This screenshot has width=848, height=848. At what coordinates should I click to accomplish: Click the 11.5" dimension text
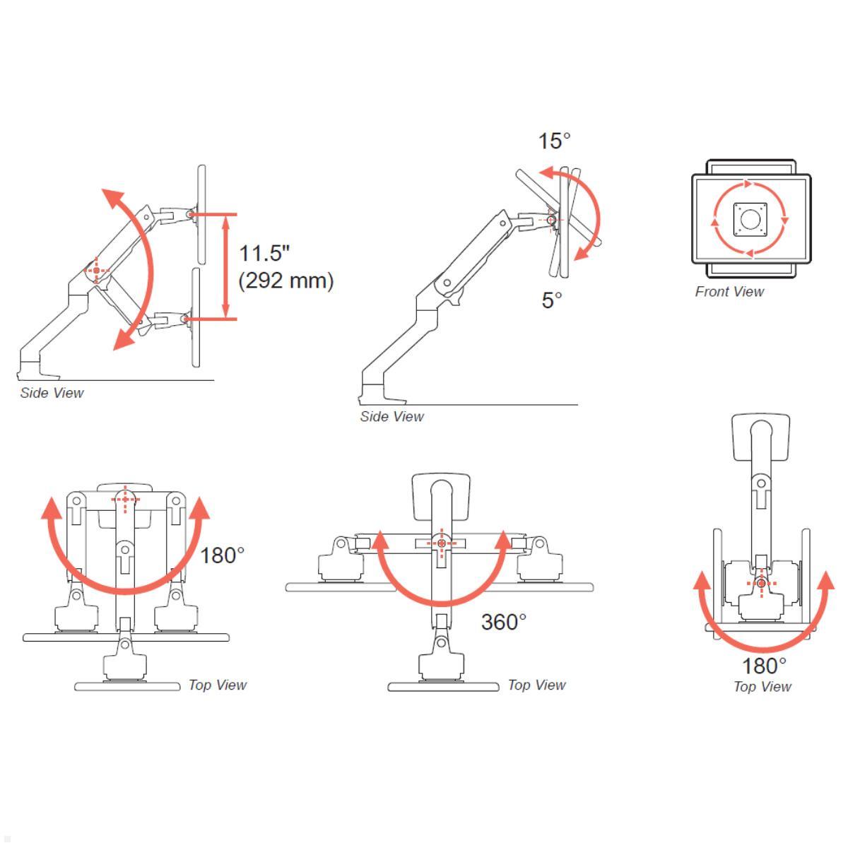(x=264, y=254)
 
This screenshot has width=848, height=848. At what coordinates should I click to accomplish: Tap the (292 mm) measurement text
(x=285, y=281)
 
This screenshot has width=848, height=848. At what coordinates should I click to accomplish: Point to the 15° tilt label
(x=554, y=141)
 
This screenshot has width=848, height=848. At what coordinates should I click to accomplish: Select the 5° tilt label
(x=552, y=300)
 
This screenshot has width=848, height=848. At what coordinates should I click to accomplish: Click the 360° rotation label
(x=504, y=622)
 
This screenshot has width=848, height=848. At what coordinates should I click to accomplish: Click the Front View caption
(x=729, y=292)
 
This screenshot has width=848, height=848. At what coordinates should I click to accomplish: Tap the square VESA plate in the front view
(x=750, y=219)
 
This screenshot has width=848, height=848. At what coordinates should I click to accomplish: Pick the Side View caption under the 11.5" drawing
(x=52, y=393)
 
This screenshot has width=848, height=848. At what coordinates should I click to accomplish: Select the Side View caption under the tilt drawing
(x=391, y=417)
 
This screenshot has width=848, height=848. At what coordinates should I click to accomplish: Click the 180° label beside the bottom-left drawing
(x=222, y=555)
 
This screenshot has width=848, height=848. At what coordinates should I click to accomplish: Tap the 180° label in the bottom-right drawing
(x=764, y=666)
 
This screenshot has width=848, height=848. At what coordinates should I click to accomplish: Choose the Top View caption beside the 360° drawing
(x=536, y=685)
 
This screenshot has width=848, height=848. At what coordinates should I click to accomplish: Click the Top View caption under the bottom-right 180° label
(x=762, y=687)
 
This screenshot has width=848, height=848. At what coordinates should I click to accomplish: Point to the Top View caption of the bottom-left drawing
(x=217, y=685)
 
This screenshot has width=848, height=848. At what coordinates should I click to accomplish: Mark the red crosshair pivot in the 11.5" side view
(x=97, y=270)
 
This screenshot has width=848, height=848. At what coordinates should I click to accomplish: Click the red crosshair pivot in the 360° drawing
(x=442, y=543)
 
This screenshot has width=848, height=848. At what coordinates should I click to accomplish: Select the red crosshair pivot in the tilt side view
(x=551, y=220)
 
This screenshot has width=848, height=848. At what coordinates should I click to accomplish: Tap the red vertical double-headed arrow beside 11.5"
(x=226, y=266)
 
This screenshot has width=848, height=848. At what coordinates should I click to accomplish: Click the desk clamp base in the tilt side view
(x=372, y=391)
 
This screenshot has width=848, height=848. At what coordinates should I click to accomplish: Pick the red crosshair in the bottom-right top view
(x=761, y=583)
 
